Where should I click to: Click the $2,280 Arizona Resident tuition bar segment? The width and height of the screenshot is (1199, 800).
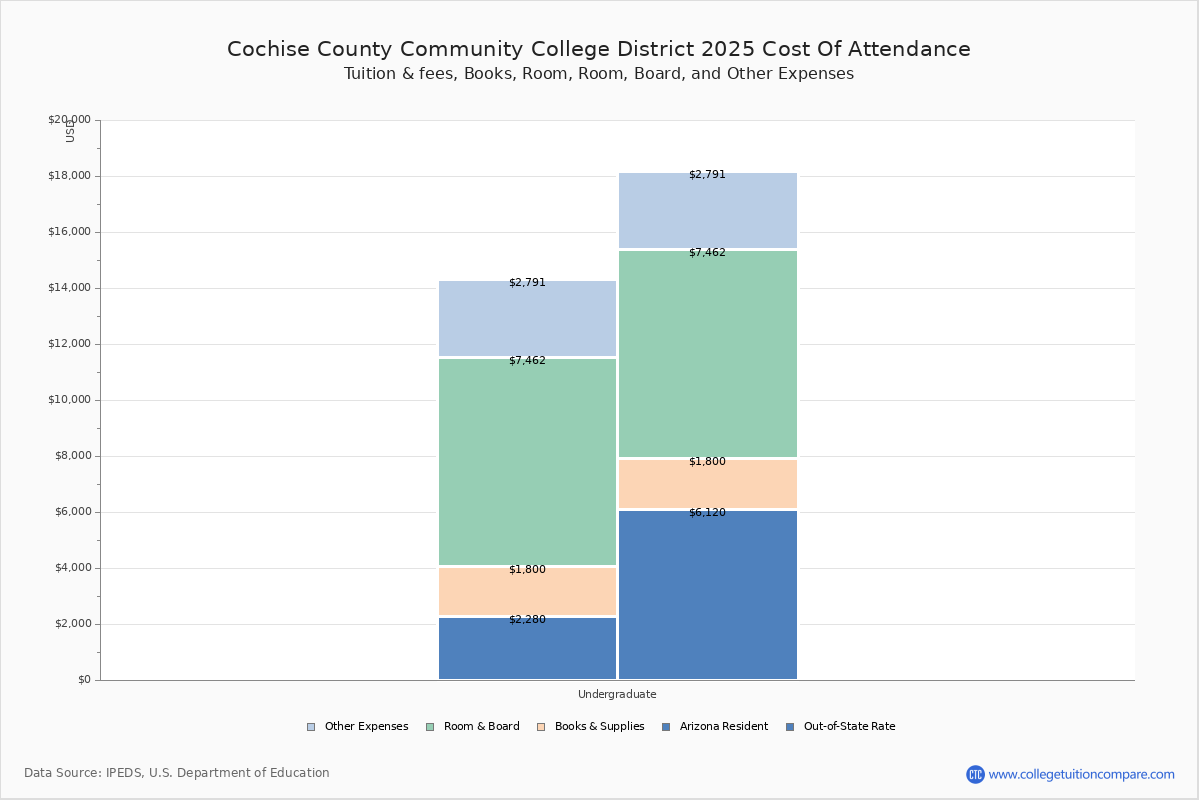(x=528, y=648)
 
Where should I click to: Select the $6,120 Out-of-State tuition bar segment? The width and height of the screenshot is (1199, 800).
(x=708, y=595)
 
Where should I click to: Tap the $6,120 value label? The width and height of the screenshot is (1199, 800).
(x=707, y=512)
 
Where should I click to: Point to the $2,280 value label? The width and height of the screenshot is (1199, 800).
(x=527, y=619)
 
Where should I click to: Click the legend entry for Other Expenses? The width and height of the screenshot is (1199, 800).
(x=357, y=727)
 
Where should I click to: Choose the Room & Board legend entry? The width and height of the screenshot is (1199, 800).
(x=472, y=727)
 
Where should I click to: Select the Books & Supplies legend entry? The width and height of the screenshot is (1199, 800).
(x=591, y=727)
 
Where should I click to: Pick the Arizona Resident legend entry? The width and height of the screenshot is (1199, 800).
(x=715, y=727)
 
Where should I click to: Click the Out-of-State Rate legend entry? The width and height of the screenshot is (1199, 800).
(x=841, y=727)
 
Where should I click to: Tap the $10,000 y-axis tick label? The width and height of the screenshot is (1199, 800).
(x=69, y=400)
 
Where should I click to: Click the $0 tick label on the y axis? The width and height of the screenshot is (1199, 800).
(x=85, y=680)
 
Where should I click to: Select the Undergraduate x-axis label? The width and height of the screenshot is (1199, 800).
(x=617, y=694)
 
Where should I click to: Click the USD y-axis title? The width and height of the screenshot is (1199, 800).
(x=70, y=132)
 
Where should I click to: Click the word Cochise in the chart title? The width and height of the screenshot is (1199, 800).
(x=268, y=49)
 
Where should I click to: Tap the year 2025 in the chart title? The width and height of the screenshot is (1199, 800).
(x=728, y=49)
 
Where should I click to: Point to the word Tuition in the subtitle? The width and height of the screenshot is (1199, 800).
(x=370, y=73)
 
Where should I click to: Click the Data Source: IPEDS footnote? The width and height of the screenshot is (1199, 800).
(x=177, y=773)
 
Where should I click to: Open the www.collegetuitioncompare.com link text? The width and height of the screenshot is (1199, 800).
(x=1082, y=774)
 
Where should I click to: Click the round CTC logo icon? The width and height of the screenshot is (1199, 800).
(x=976, y=774)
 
